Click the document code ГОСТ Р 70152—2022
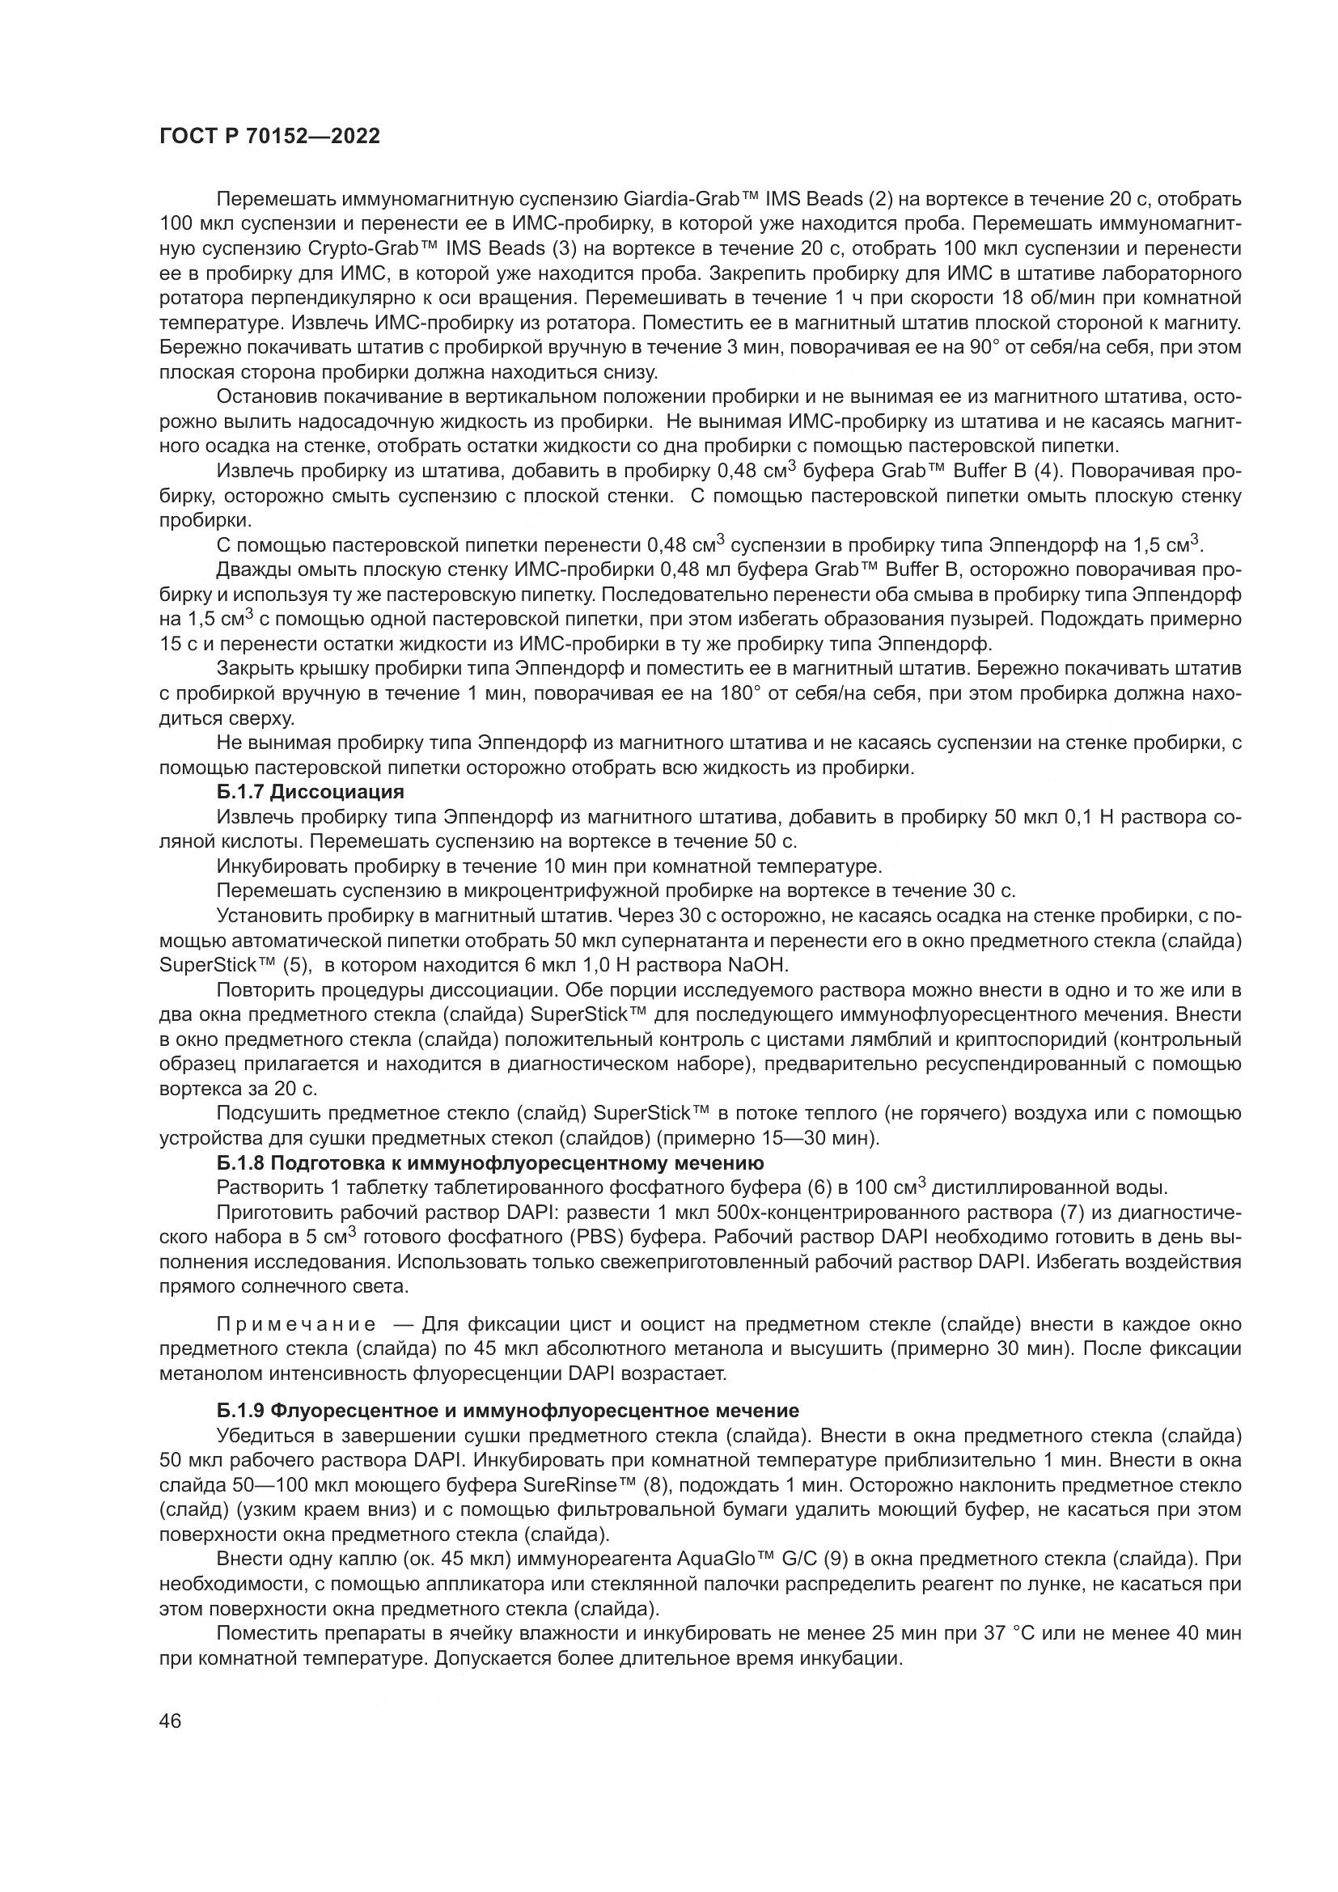pos(269,136)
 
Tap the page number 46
pos(171,1721)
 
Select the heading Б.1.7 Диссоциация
pos(311,792)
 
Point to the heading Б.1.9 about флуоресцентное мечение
pos(507,1410)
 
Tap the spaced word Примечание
pos(297,1324)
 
